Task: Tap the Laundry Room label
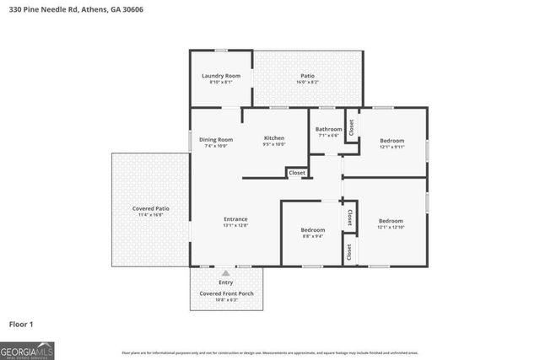pyautogui.click(x=220, y=76)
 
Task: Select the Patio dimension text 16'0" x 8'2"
pyautogui.click(x=308, y=83)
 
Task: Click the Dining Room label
pyautogui.click(x=216, y=139)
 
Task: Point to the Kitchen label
pyautogui.click(x=274, y=138)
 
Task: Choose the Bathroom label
pyautogui.click(x=328, y=129)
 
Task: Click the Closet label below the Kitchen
pyautogui.click(x=297, y=173)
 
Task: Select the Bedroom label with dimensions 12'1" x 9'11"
pyautogui.click(x=391, y=140)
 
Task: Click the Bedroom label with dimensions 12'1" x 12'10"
pyautogui.click(x=391, y=221)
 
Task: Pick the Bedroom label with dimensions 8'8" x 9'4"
pyautogui.click(x=314, y=229)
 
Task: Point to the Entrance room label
pyautogui.click(x=235, y=219)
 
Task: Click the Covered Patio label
pyautogui.click(x=151, y=208)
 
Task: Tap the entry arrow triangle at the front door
pyautogui.click(x=225, y=273)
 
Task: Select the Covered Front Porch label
pyautogui.click(x=226, y=293)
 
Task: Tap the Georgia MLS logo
pyautogui.click(x=27, y=350)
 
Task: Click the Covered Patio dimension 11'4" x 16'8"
pyautogui.click(x=151, y=215)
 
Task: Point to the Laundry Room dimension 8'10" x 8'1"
pyautogui.click(x=220, y=83)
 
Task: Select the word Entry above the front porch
pyautogui.click(x=225, y=282)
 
